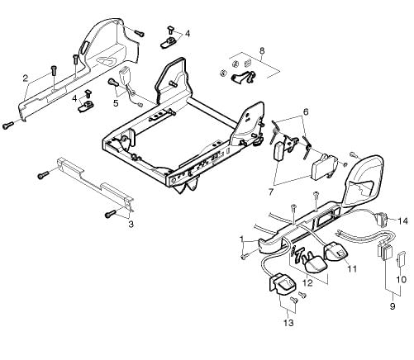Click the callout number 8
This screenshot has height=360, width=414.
(x=262, y=51)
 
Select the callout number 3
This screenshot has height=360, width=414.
(x=131, y=225)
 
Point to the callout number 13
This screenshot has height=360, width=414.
(x=288, y=323)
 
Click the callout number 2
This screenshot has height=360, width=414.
(x=26, y=78)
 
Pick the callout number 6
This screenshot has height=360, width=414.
(x=306, y=112)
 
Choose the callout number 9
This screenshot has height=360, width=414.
(x=393, y=306)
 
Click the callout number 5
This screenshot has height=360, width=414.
(x=116, y=103)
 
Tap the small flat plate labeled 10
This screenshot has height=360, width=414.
(x=401, y=258)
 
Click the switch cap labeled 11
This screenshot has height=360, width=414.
(x=336, y=251)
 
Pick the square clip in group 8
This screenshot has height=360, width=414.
(x=248, y=63)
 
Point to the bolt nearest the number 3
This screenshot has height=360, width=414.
(x=111, y=214)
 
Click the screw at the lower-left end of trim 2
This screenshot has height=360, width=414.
(x=8, y=126)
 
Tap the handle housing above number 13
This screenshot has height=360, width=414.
(x=282, y=284)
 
